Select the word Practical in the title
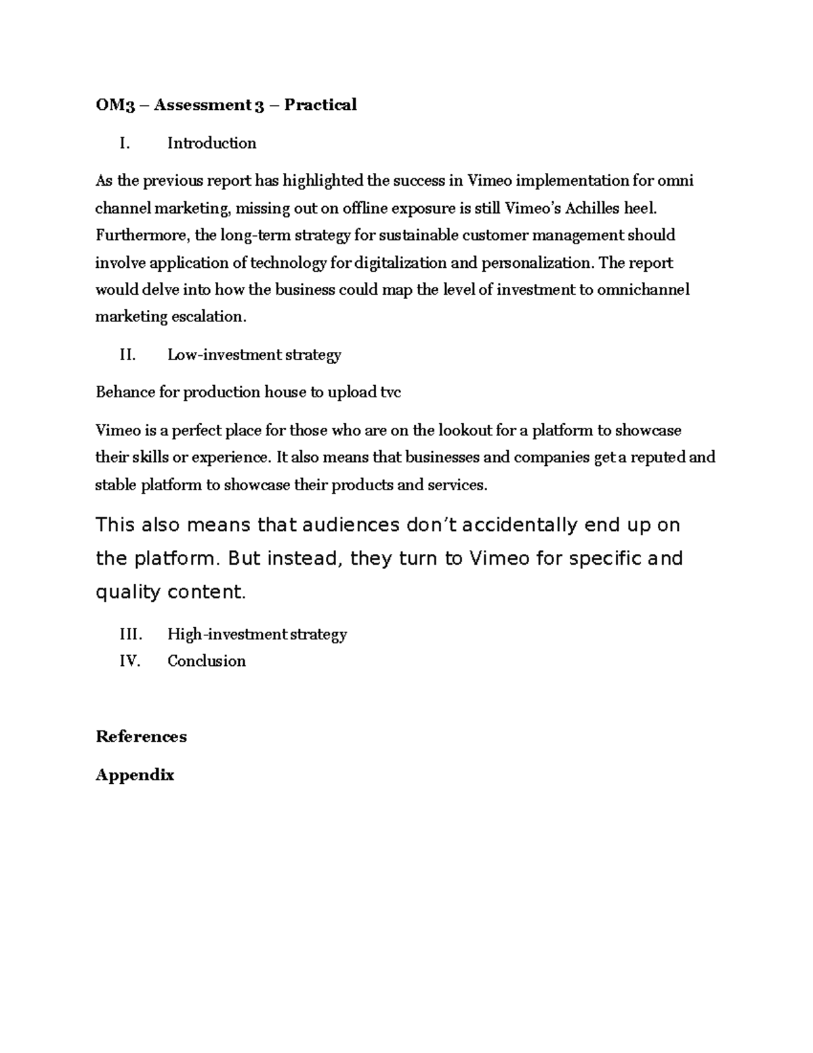click(x=320, y=105)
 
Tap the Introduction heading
click(x=211, y=143)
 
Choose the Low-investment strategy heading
click(x=254, y=355)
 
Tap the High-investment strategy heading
click(x=257, y=634)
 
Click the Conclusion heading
click(x=207, y=661)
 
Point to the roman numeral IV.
click(x=129, y=661)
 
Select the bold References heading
click(x=141, y=737)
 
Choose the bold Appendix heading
click(x=135, y=775)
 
